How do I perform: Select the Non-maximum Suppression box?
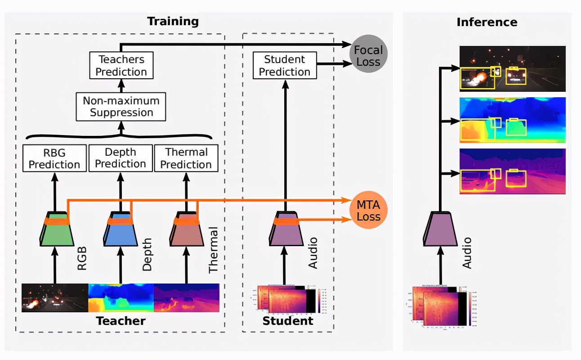pyautogui.click(x=121, y=107)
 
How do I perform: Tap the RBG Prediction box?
pyautogui.click(x=54, y=158)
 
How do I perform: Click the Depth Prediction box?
pyautogui.click(x=120, y=158)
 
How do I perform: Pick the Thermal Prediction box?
pyautogui.click(x=186, y=158)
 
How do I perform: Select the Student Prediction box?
pyautogui.click(x=284, y=66)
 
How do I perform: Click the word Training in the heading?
pyautogui.click(x=173, y=21)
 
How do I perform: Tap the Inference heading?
pyautogui.click(x=487, y=22)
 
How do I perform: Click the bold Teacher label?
pyautogui.click(x=121, y=321)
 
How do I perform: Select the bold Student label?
pyautogui.click(x=288, y=321)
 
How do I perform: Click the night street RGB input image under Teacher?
pyautogui.click(x=54, y=297)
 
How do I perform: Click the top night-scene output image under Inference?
pyautogui.click(x=512, y=68)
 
